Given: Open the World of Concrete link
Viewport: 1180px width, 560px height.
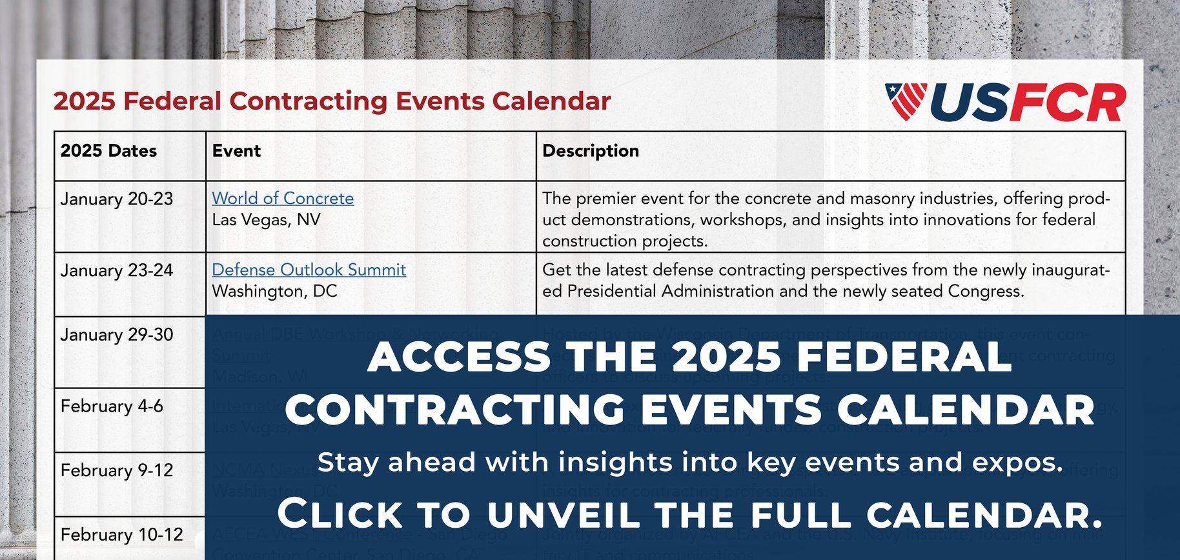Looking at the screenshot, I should click(x=283, y=198).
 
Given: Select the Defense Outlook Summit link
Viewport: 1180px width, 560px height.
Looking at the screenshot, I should click(x=309, y=270).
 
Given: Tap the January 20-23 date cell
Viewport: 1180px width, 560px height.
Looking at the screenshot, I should click(x=117, y=199).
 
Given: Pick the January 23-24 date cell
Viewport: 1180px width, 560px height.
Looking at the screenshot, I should click(x=117, y=270).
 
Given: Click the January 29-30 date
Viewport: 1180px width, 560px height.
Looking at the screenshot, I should click(x=117, y=335).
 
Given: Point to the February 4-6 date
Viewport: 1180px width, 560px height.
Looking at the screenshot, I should click(x=112, y=406).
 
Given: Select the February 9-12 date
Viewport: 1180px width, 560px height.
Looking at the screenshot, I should click(x=117, y=470).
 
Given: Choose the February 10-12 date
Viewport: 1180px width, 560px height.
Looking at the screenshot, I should click(x=122, y=535).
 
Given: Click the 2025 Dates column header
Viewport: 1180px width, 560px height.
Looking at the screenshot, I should click(x=108, y=151).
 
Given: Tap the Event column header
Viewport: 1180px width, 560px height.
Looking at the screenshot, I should click(x=236, y=151).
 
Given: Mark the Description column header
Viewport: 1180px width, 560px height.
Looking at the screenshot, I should click(x=591, y=151).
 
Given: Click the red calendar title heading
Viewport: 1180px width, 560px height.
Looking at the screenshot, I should click(x=332, y=101).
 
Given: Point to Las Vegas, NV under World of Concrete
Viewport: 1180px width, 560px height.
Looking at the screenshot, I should click(x=266, y=220).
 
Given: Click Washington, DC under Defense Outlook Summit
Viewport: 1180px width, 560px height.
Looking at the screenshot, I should click(x=274, y=291).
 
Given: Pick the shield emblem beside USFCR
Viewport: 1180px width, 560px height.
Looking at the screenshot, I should click(x=906, y=101).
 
